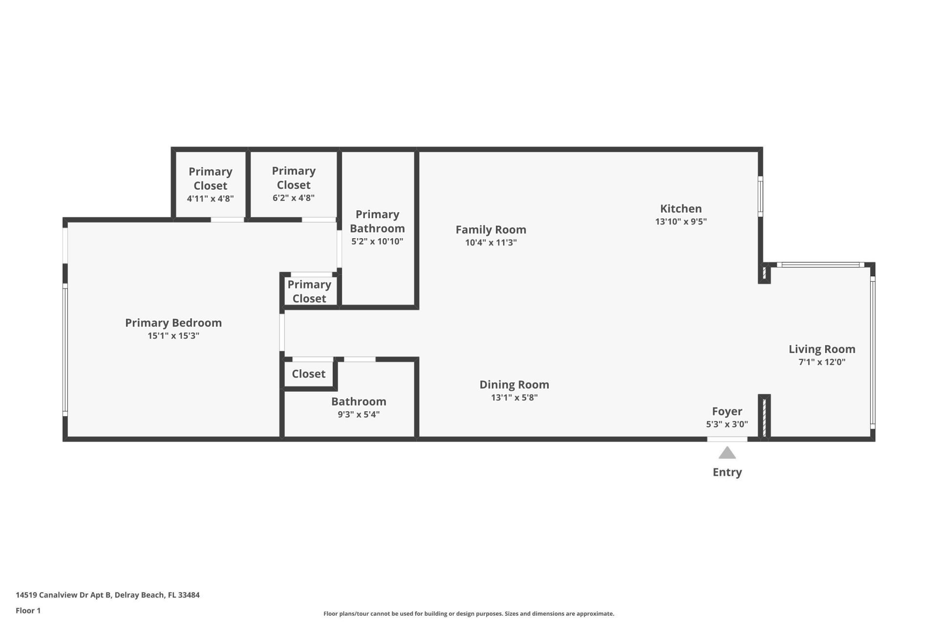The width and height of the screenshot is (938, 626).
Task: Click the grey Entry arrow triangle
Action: pos(727,454)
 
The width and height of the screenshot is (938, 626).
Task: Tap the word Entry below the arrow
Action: pos(727,472)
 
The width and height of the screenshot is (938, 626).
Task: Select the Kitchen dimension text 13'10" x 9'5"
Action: pos(681,222)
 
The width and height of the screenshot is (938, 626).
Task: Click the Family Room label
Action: pos(490,229)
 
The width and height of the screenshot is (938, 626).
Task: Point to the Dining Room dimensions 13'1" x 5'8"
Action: pos(514,398)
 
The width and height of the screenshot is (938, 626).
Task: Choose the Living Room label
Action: pos(822,349)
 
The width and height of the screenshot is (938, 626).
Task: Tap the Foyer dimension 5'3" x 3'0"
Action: pos(726,424)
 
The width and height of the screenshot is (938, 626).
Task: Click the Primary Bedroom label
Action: pos(173,323)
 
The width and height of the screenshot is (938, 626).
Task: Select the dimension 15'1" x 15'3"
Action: pos(173,336)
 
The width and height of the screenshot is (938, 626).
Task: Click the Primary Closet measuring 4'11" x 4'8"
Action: pos(210,184)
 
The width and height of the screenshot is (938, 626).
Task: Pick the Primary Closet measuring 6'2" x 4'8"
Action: pos(293,184)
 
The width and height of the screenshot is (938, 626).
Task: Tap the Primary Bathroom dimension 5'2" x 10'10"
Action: pos(377,241)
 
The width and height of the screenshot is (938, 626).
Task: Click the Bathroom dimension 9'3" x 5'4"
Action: pos(358,415)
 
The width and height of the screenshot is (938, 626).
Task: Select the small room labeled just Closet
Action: pos(308,374)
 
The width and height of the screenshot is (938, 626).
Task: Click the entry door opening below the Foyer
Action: pos(727,439)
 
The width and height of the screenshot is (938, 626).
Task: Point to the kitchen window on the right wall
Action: pos(760,196)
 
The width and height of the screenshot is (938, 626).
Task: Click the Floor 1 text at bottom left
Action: pos(28,610)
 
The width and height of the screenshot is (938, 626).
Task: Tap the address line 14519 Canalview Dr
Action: pos(107,595)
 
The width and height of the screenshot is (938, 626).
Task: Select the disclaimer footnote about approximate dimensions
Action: pos(469,614)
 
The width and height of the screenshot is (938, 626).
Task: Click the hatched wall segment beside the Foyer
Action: pos(764,416)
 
